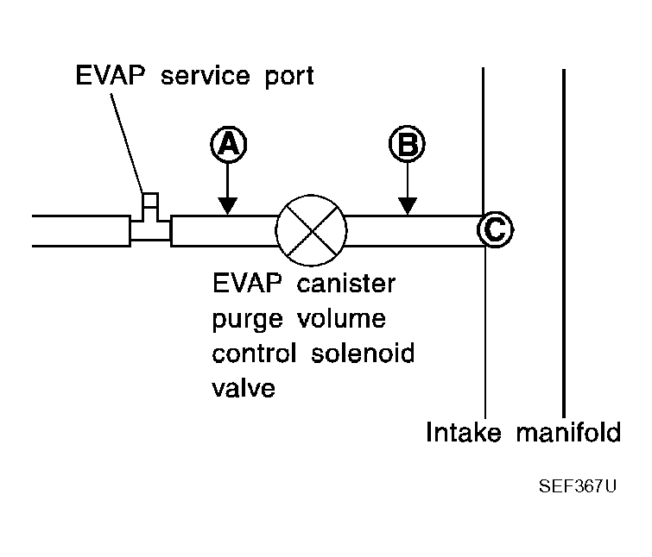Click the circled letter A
pos(228,145)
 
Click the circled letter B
pos(407,144)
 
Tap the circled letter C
pos(495,229)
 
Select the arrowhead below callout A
pos(227,206)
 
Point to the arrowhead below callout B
pos(408,206)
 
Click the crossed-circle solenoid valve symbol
pos(311,230)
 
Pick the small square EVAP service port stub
pos(150,200)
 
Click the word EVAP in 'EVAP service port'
pos(111,75)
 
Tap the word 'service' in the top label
pos(206,76)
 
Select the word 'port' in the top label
pos(289,78)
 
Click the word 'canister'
pos(346,284)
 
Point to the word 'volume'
pos(341,318)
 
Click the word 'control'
pos(254,354)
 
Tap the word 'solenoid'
pos(363,354)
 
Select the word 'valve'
pos(244,388)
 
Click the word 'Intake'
pos(464,432)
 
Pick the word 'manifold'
pos(568,432)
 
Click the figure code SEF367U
pos(578,486)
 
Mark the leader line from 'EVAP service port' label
pos(127,143)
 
